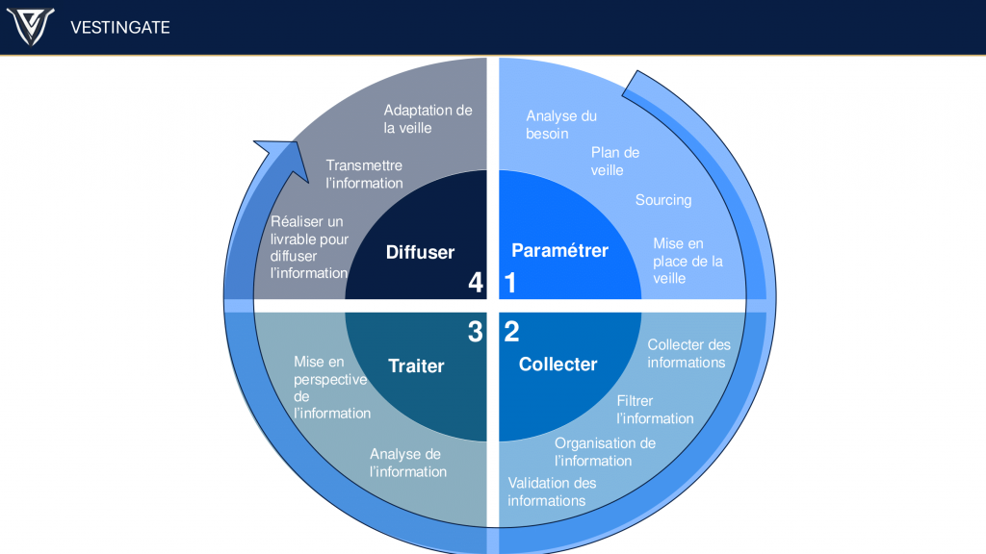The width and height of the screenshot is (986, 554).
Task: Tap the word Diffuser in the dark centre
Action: pos(420,253)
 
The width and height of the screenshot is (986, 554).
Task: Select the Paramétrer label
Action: pos(559,251)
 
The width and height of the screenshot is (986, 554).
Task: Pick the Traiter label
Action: pos(416,365)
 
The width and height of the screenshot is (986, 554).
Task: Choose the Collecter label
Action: pos(558,365)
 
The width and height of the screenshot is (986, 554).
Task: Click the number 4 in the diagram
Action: pos(475,283)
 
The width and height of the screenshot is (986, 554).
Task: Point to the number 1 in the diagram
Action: pos(510,283)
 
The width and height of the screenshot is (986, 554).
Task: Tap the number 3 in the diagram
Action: pos(475,332)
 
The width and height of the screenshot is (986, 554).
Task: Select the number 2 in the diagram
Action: pos(511,332)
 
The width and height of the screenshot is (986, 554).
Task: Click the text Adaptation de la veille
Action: pos(428,119)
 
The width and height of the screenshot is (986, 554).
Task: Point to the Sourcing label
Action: pos(663,200)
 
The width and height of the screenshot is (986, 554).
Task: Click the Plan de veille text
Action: pos(614,162)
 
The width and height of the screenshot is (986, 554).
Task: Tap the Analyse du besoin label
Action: pos(561,125)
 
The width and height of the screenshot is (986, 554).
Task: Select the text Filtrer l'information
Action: pos(654,410)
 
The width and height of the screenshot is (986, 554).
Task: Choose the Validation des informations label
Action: pos(552,491)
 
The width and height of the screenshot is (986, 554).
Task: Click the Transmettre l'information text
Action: pos(364,174)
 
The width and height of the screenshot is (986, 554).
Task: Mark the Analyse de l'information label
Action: pos(408,463)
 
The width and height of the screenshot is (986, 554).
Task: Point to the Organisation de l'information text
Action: pos(604,452)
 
